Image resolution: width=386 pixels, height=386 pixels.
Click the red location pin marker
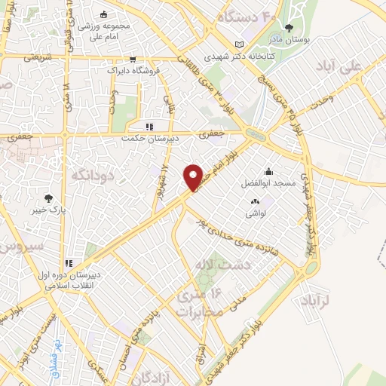[x=194, y=177]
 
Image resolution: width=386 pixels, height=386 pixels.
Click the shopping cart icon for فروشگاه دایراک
[x=133, y=58]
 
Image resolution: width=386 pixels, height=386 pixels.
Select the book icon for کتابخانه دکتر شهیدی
[x=240, y=44]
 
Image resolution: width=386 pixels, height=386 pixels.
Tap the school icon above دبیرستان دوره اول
[x=69, y=264]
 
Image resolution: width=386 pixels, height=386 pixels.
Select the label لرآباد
[x=326, y=299]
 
